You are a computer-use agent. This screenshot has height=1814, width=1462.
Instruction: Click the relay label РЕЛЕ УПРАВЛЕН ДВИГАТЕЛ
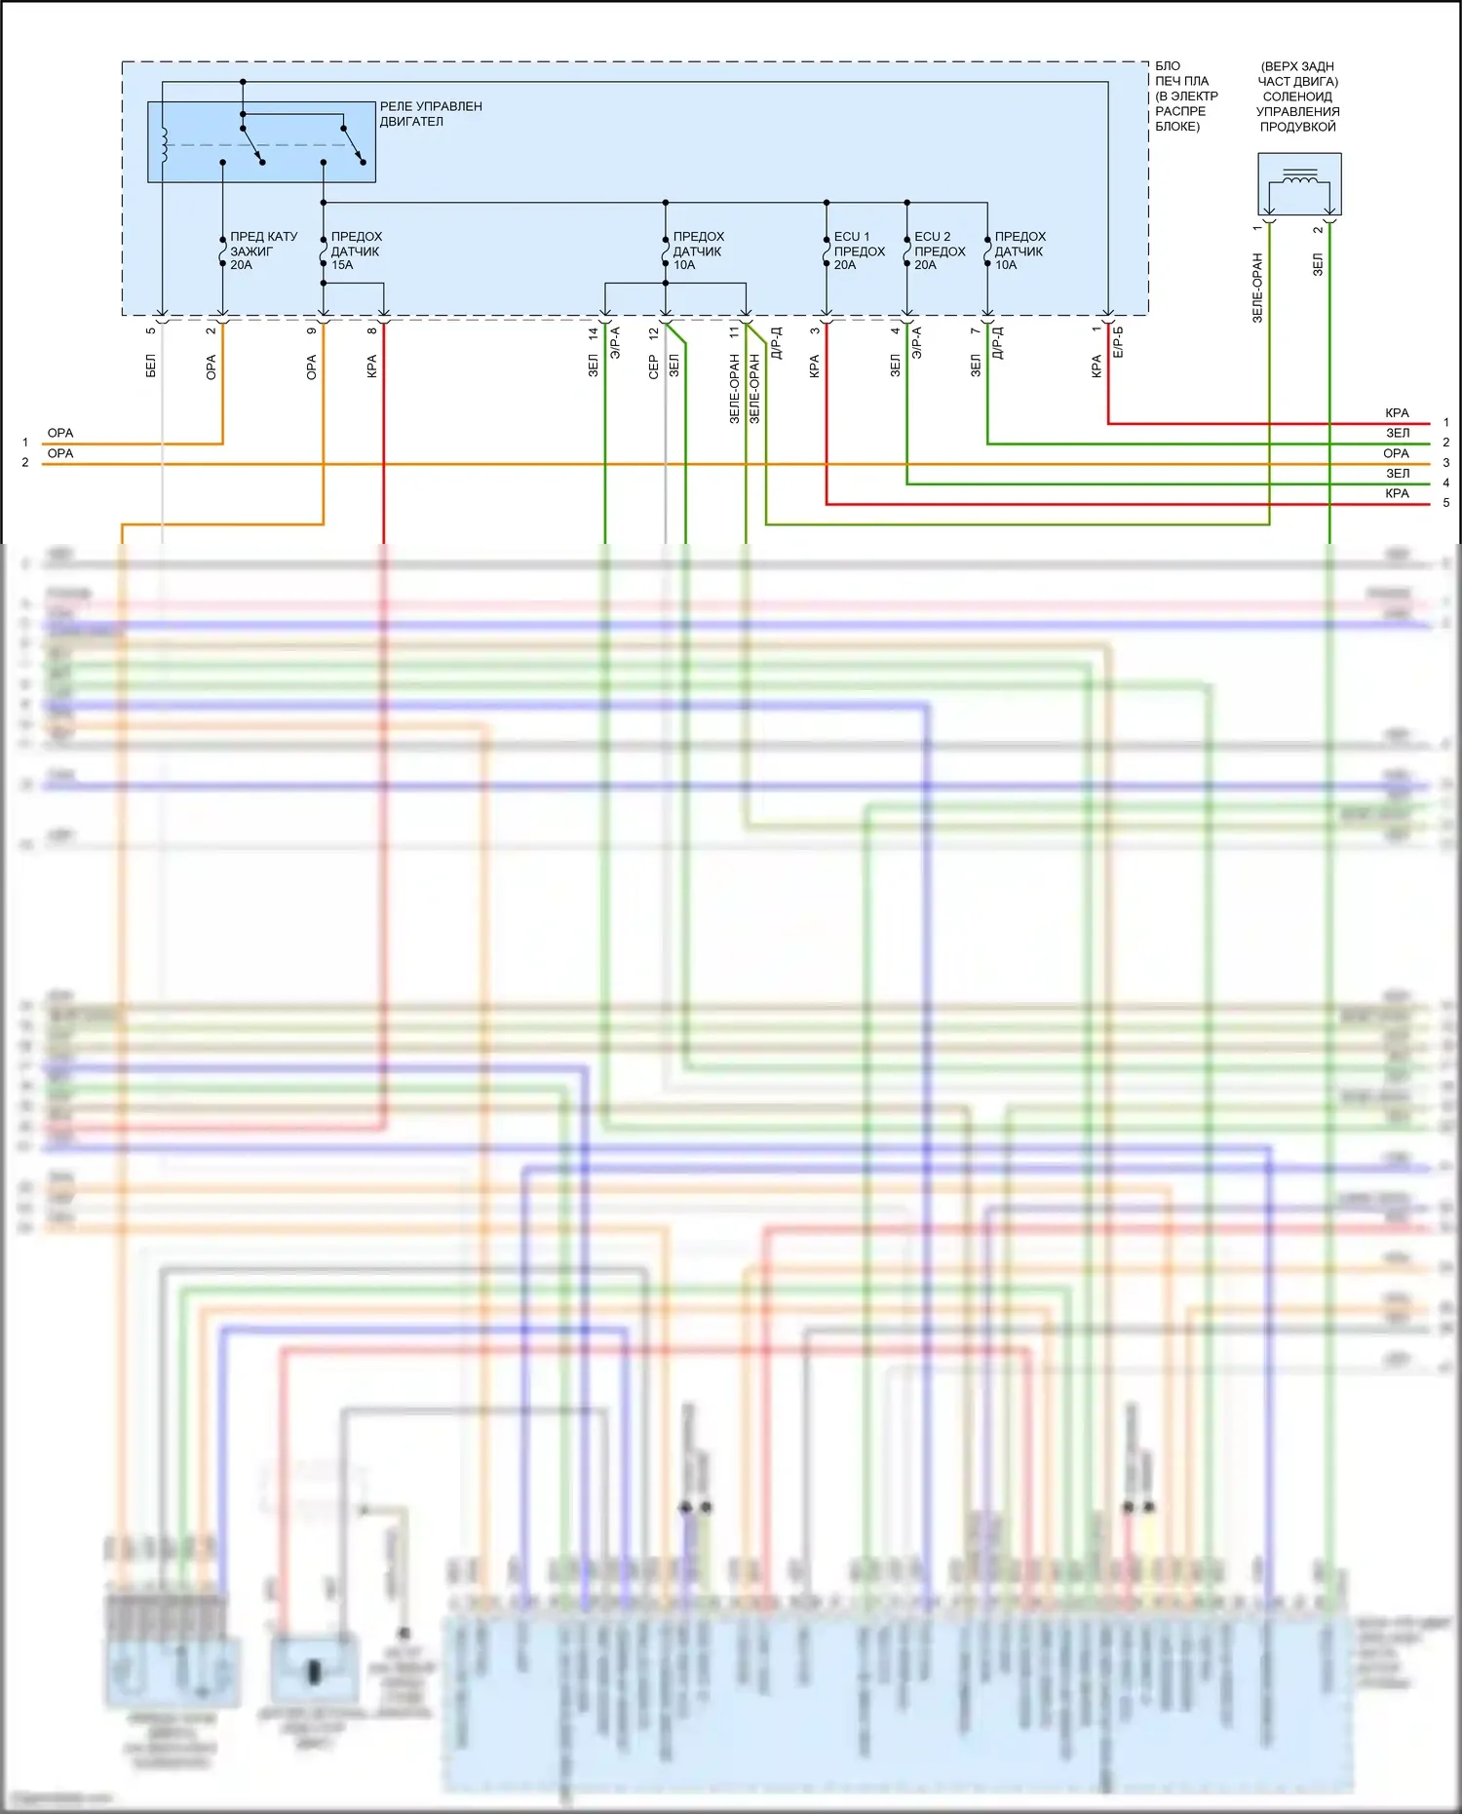[430, 114]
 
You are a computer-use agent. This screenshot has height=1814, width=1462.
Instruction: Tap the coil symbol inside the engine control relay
[164, 144]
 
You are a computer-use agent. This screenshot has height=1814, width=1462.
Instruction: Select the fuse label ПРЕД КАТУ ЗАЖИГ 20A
[263, 251]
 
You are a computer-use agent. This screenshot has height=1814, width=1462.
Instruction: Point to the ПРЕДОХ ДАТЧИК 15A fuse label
[356, 251]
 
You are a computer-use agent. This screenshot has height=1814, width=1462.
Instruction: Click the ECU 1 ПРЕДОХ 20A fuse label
[859, 251]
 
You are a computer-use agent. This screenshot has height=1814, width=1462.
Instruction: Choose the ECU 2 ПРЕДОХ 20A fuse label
[939, 251]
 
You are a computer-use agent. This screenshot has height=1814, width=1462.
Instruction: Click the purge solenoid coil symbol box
[1299, 183]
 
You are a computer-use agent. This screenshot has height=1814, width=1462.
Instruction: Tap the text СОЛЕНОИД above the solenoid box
[1297, 96]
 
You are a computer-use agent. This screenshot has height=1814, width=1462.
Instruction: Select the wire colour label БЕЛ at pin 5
[151, 367]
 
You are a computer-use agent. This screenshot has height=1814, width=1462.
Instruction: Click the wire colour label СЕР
[654, 367]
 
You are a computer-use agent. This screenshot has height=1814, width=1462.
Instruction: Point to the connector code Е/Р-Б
[1118, 341]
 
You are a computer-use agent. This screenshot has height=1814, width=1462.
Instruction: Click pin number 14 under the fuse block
[594, 332]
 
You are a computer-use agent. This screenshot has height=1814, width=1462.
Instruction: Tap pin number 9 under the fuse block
[312, 330]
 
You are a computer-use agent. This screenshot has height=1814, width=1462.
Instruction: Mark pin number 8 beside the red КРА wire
[372, 330]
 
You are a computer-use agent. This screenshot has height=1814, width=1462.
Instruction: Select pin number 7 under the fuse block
[976, 330]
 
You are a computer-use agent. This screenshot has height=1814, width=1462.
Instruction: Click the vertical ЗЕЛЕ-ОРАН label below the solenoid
[1257, 288]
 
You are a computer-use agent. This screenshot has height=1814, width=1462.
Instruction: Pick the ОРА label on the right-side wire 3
[1396, 453]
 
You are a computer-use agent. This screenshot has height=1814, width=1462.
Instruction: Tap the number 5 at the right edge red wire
[1446, 503]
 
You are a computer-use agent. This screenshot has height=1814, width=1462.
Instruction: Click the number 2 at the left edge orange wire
[25, 463]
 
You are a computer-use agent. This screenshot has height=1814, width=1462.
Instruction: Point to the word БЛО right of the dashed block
[1168, 66]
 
